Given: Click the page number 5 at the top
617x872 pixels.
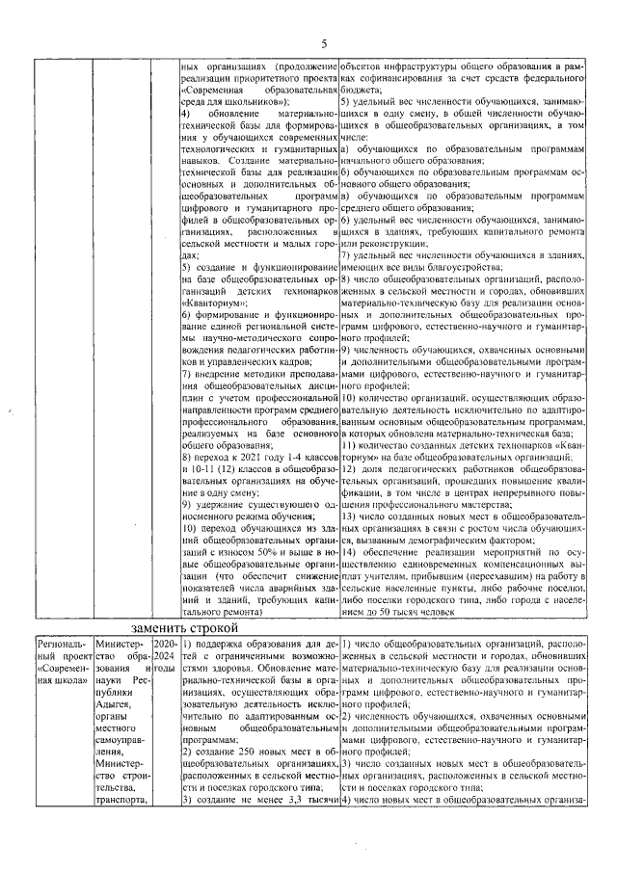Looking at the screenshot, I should point(324,42).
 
